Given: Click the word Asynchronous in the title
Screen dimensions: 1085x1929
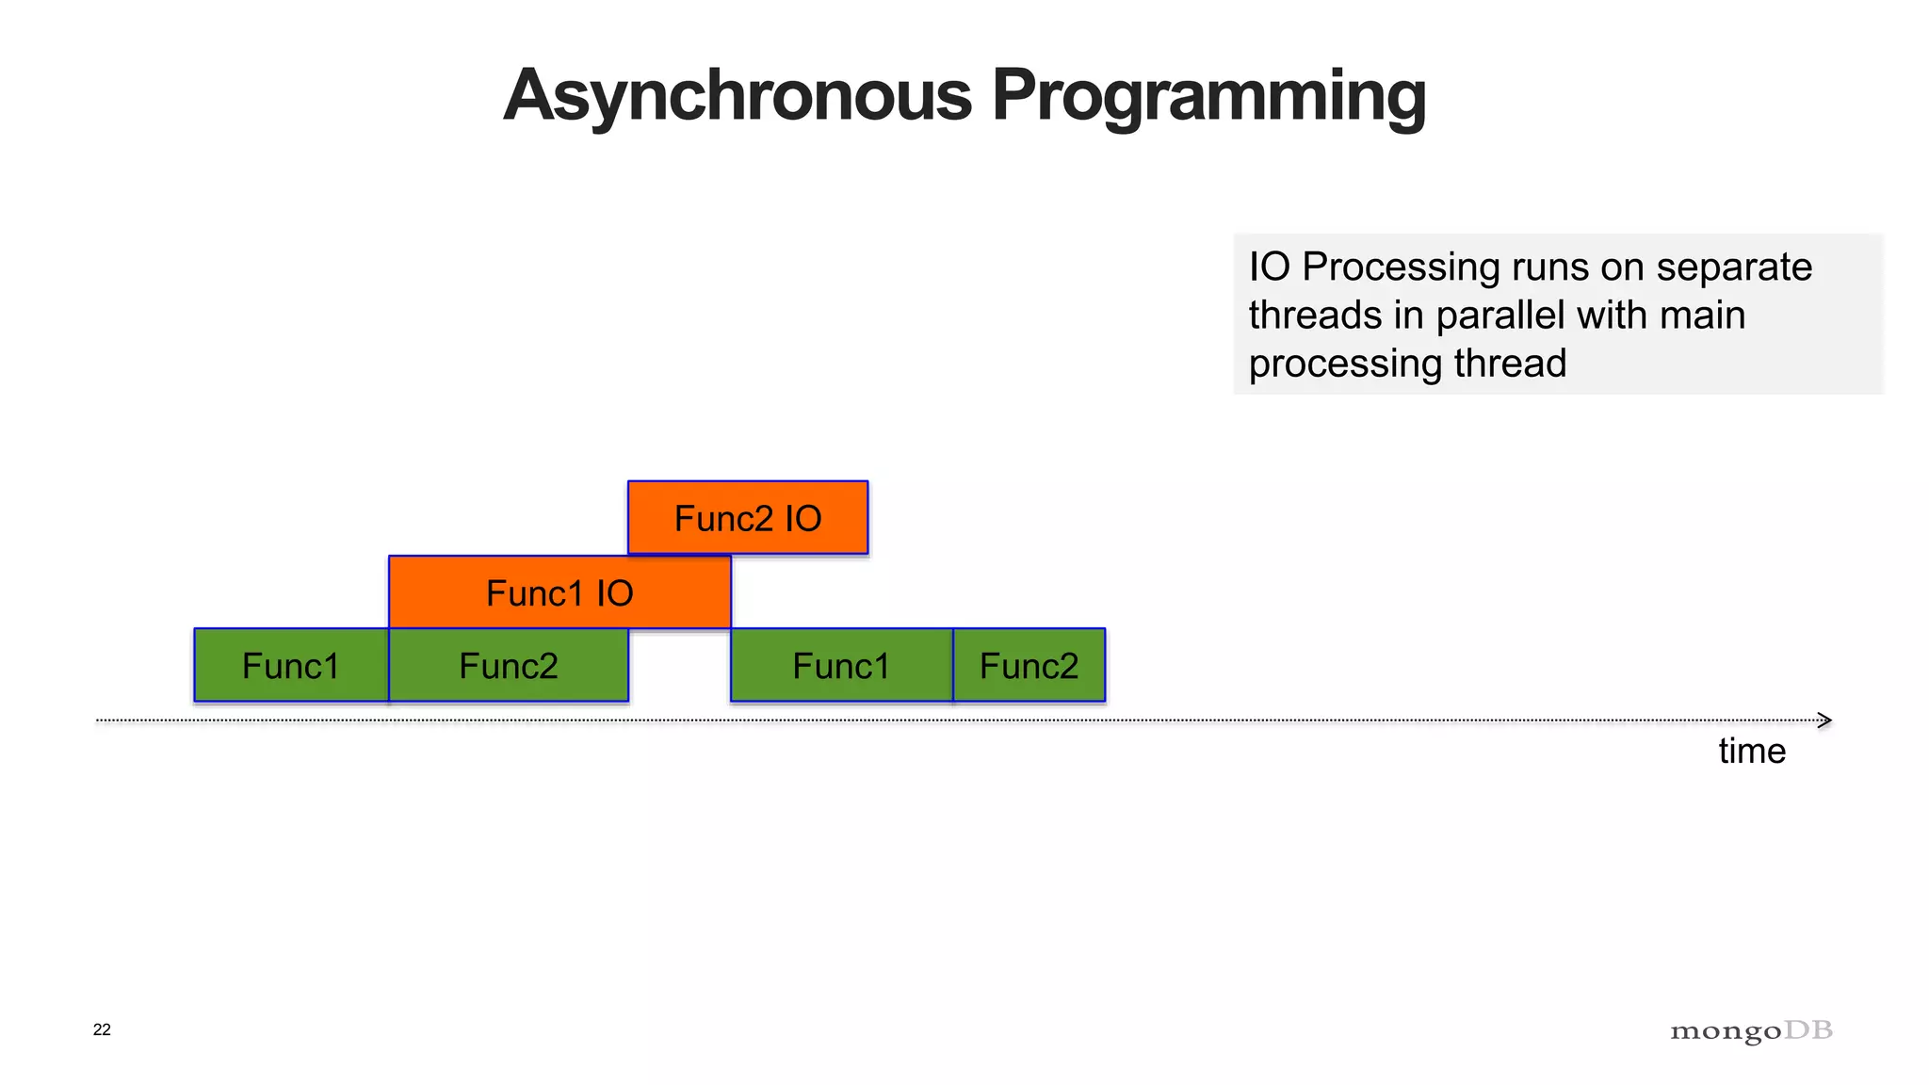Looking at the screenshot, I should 738,96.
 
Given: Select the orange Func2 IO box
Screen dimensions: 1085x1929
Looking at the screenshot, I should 748,518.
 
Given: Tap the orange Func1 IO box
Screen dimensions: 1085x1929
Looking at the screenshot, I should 559,592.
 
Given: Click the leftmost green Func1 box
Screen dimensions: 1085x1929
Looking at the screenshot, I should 291,666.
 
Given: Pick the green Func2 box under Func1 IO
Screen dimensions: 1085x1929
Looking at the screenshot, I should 509,666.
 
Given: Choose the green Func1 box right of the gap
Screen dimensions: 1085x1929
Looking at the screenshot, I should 841,666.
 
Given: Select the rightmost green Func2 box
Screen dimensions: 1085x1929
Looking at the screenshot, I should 1029,666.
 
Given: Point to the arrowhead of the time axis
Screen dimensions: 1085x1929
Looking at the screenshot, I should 1824,721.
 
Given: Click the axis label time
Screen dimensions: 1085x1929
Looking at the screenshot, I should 1752,751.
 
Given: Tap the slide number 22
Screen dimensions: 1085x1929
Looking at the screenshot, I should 102,1029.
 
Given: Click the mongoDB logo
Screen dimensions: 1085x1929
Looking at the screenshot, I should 1751,1031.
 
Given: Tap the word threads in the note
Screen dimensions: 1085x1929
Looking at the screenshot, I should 1315,316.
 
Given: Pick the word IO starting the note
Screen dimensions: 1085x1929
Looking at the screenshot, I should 1269,267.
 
